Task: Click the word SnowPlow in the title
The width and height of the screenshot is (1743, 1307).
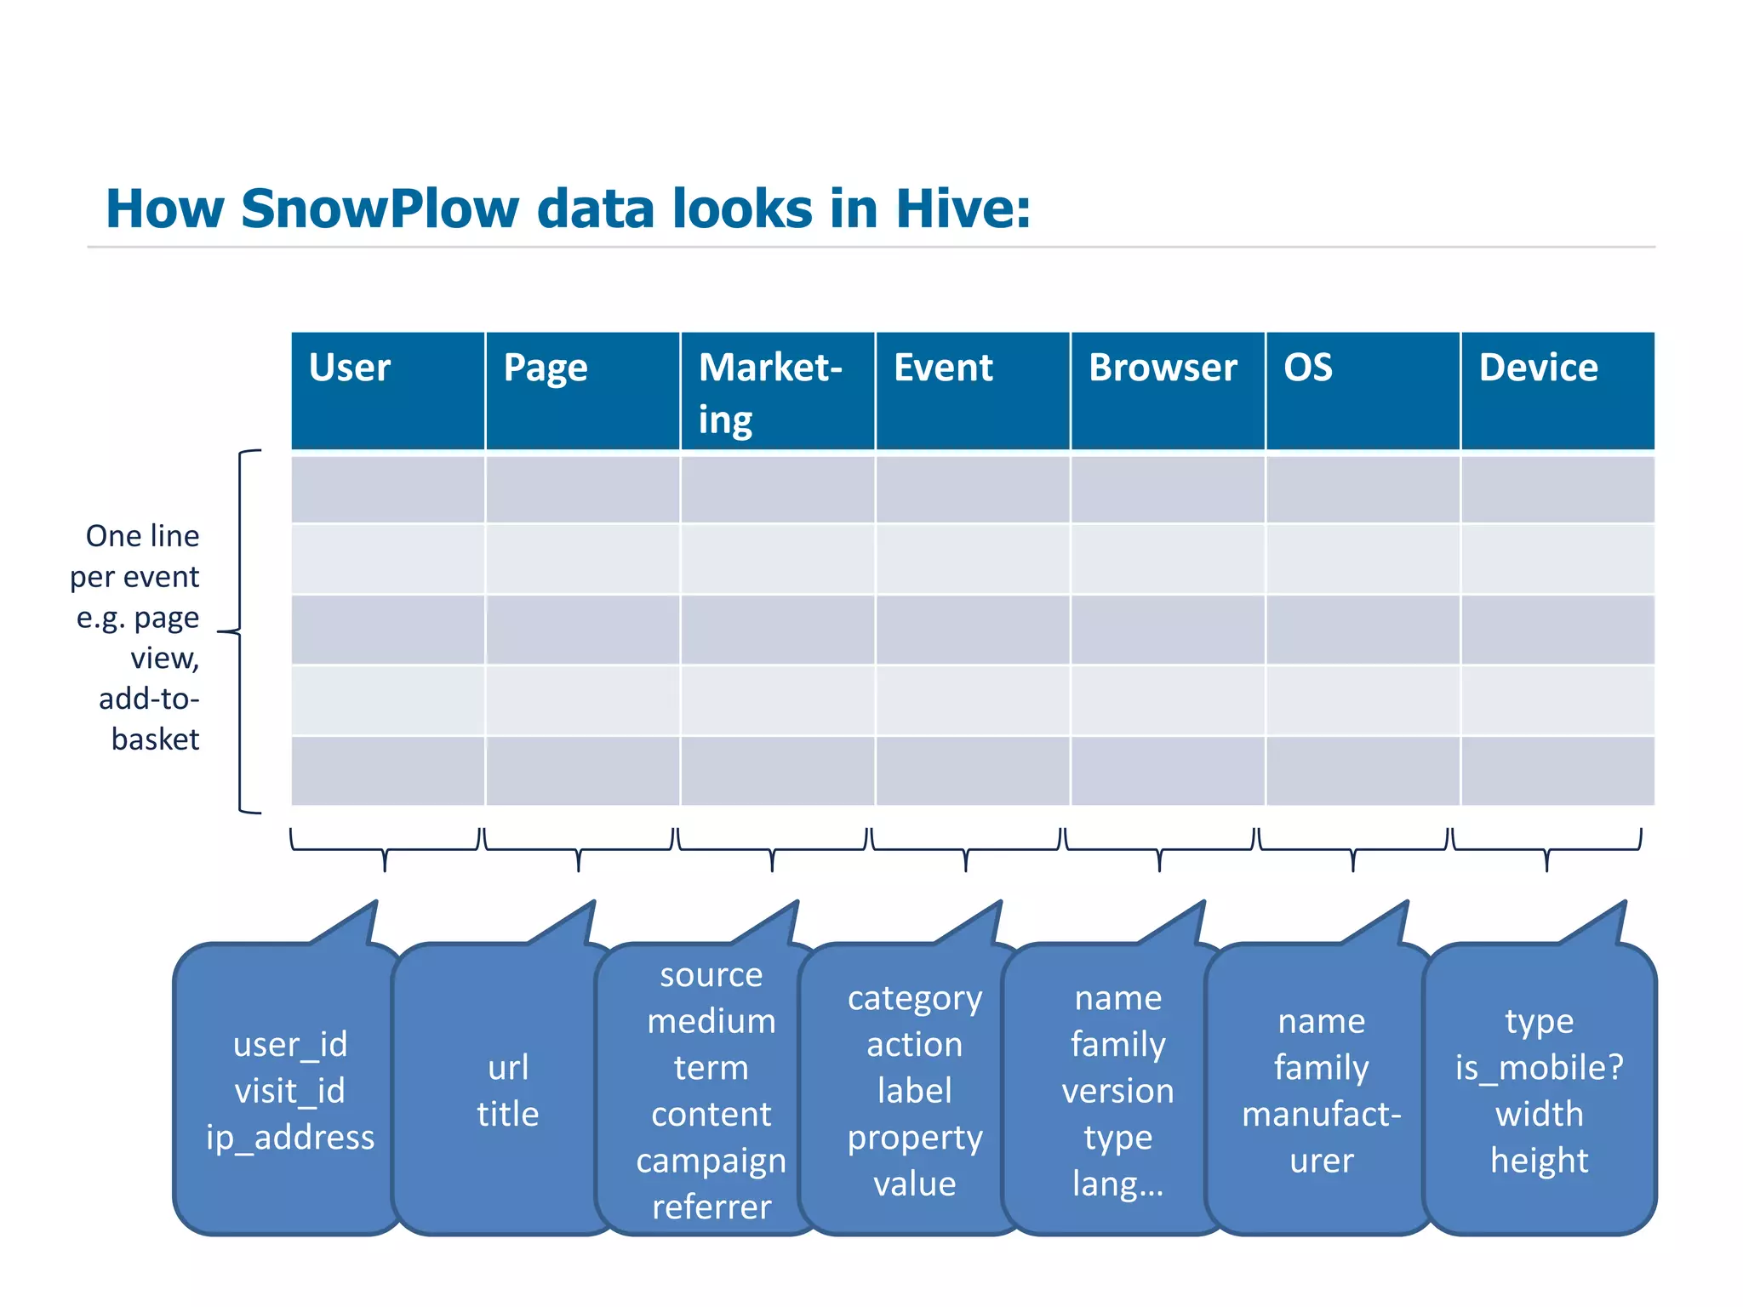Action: pos(379,209)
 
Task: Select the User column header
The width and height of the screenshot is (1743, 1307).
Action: pos(387,391)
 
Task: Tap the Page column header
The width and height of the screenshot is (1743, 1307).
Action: pos(582,391)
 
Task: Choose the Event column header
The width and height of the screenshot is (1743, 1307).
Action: pos(972,391)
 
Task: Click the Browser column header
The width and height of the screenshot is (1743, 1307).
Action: pos(1167,391)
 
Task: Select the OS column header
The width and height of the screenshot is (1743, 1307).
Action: pos(1362,391)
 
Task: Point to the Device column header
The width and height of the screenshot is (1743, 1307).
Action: pos(1557,391)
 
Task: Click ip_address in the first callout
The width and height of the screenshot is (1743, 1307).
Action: pos(290,1138)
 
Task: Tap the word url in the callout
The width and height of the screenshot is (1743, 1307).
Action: pos(508,1068)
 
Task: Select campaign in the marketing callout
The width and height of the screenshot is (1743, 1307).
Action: pos(711,1161)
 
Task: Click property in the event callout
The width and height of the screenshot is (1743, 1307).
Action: pos(915,1138)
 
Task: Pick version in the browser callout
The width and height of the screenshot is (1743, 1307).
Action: pos(1117,1091)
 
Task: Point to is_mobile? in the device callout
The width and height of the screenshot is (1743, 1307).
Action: pos(1539,1068)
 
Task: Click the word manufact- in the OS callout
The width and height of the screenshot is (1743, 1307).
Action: pos(1321,1114)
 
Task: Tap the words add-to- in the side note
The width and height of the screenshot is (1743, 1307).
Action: pos(149,699)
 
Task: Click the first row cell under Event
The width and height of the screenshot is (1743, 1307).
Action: pos(972,489)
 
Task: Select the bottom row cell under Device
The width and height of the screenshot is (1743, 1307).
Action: pos(1557,771)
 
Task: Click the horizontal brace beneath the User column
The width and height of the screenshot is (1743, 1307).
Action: pos(385,848)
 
